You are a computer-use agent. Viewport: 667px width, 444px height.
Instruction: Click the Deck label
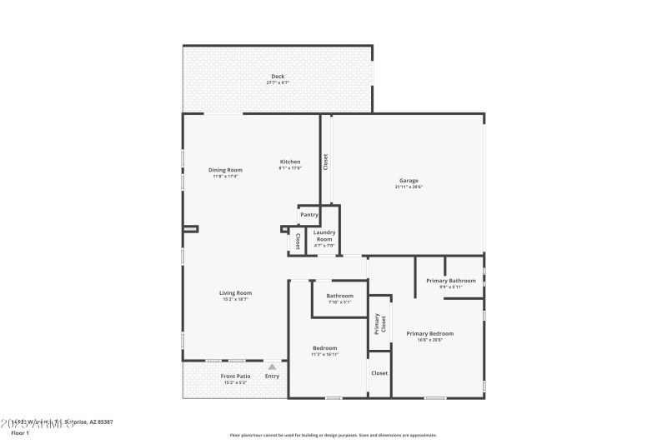(x=277, y=77)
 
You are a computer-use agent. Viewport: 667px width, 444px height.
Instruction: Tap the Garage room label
(x=409, y=181)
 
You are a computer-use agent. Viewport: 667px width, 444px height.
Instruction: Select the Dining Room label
(x=225, y=170)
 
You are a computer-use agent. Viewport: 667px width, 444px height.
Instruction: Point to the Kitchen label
(x=289, y=162)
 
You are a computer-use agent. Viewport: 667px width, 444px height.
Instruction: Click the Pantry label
(x=309, y=215)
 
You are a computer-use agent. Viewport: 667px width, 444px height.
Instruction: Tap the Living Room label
(x=235, y=293)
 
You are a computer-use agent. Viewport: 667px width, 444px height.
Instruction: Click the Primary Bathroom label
(x=450, y=281)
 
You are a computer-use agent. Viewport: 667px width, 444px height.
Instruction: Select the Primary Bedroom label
(x=430, y=334)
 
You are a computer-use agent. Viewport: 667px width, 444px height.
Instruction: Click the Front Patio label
(x=234, y=377)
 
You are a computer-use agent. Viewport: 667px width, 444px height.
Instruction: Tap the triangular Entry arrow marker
(x=272, y=366)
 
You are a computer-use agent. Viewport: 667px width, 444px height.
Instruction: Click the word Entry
(x=272, y=377)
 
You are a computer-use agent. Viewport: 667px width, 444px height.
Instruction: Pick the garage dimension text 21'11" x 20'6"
(x=409, y=187)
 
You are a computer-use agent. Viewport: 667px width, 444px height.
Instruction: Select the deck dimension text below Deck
(x=277, y=83)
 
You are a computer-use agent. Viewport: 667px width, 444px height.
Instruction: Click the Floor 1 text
(x=20, y=433)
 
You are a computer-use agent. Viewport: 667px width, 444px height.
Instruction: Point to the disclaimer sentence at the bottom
(x=333, y=435)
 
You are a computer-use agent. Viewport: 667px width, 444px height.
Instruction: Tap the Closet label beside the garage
(x=326, y=162)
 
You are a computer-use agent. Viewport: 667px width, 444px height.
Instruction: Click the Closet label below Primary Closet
(x=379, y=373)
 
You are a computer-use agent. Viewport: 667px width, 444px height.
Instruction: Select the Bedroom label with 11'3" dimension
(x=325, y=348)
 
